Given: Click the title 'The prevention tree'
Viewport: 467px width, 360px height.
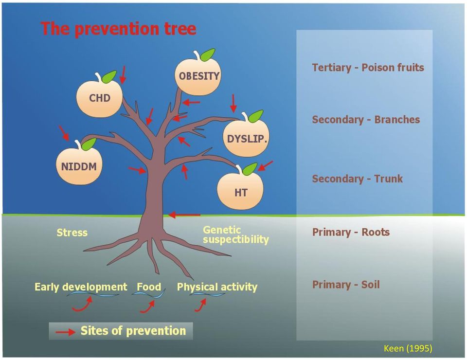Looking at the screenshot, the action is pos(118,29).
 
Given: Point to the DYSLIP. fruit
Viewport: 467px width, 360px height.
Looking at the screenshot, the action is pos(246,137).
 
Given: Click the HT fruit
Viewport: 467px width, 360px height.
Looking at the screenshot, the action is pos(240,191).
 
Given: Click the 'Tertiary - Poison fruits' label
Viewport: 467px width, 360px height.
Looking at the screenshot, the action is pos(368,68).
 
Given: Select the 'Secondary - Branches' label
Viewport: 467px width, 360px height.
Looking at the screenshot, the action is pos(366,119).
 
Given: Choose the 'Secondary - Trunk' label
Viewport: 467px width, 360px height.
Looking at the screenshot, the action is pos(357,179).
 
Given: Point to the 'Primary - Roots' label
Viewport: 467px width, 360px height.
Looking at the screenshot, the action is pos(351,232).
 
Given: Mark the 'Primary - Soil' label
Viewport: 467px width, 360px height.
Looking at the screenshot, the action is pos(346,285).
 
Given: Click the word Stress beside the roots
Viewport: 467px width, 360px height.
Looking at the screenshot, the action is pos(72,232).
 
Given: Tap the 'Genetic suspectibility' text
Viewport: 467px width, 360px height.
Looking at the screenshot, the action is pos(235,234).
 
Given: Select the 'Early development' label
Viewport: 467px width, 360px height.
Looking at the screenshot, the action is pos(81,287).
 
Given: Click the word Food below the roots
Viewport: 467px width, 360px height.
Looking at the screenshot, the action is pos(149,287).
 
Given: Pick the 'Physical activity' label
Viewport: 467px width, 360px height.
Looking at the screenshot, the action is pos(217,287).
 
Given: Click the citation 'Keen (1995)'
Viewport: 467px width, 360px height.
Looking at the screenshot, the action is pos(408,348).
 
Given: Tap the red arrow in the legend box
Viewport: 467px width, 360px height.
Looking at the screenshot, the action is pos(66,332).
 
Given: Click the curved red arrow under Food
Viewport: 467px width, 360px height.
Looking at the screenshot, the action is pos(147,307).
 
